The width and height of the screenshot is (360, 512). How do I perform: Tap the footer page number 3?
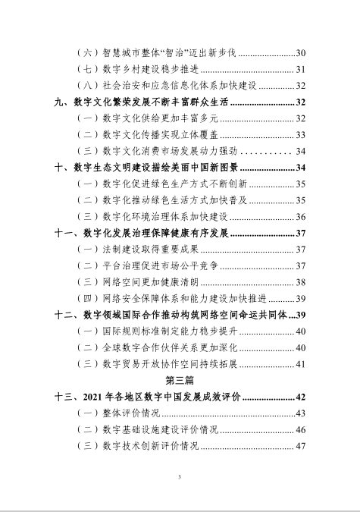[180, 477]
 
